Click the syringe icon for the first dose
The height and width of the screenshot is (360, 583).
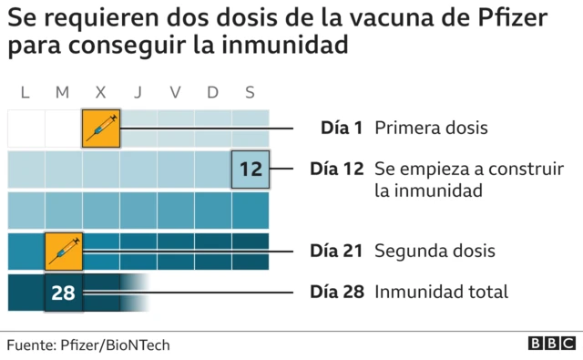(101, 128)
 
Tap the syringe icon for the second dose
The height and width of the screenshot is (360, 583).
(64, 251)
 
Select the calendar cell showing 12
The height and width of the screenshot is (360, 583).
(251, 169)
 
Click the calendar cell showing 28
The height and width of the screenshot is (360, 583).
(64, 293)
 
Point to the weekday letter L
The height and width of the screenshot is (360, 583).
(26, 91)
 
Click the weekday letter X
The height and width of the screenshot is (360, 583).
(100, 91)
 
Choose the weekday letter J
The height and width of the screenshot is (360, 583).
(138, 91)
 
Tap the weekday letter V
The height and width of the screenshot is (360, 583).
(175, 91)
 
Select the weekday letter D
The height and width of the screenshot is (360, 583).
(212, 91)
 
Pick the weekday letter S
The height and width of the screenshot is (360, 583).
(250, 91)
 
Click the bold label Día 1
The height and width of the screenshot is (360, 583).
(343, 128)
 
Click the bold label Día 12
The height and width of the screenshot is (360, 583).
(337, 170)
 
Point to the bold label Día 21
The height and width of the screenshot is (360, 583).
(337, 251)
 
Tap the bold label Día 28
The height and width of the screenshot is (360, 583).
(337, 293)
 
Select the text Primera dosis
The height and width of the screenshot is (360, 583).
(431, 128)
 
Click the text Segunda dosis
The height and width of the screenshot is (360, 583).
(435, 251)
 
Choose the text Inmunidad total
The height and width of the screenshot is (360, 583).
(442, 293)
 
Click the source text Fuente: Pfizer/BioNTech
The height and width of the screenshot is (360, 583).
(88, 345)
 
